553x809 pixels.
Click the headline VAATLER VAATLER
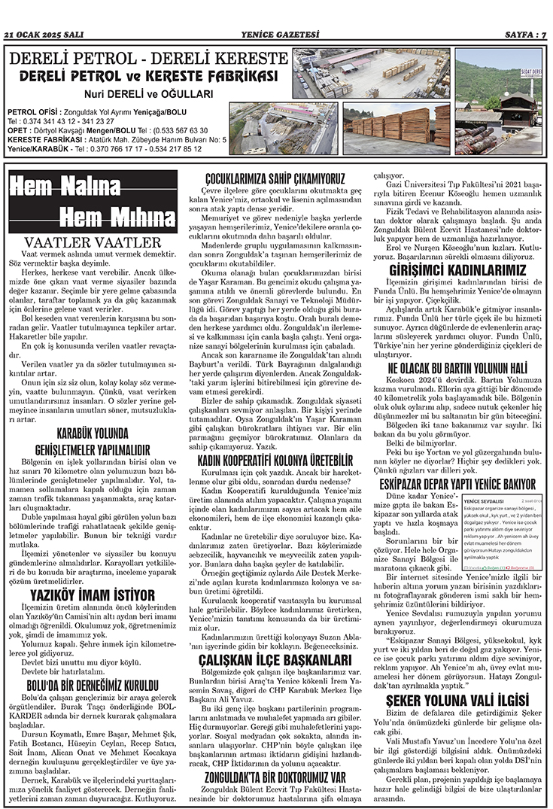93,242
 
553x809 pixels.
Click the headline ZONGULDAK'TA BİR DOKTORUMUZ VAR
275,774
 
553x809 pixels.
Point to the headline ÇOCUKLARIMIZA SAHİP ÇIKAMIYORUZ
275,179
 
